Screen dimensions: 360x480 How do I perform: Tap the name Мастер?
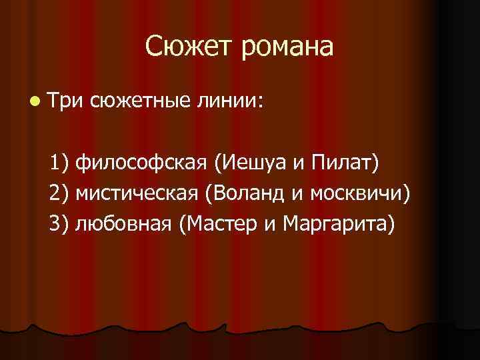221,225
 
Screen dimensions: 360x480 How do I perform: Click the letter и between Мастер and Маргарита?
269,226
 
